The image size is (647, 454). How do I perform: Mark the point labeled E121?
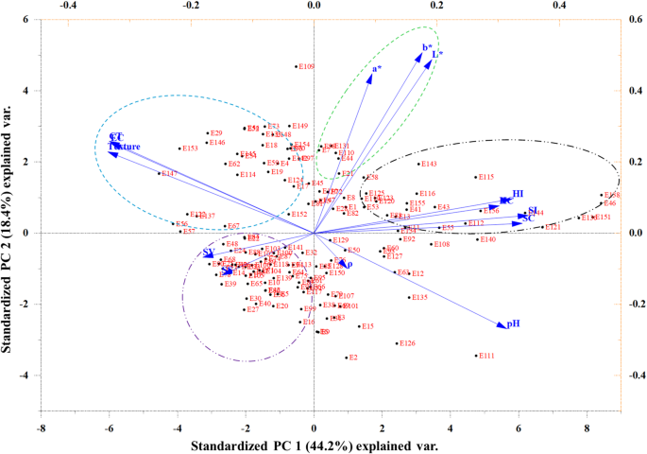coord(553,227)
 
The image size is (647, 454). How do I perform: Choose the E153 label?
coord(190,148)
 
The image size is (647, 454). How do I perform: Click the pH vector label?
coord(514,323)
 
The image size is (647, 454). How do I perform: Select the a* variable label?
coord(377,68)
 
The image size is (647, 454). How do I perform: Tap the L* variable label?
coord(437,54)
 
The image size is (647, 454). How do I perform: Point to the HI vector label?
coord(518,194)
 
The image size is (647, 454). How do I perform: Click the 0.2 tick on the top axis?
coord(436,6)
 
